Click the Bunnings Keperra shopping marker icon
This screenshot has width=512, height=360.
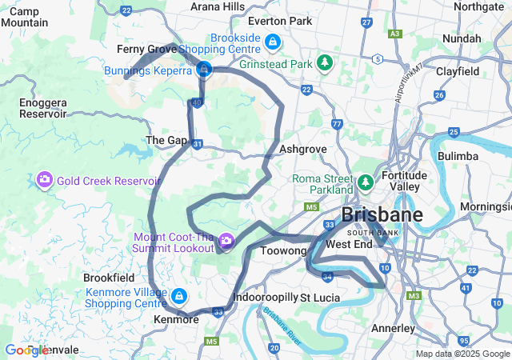(x=204, y=70)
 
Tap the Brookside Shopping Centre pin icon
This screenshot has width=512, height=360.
(x=273, y=41)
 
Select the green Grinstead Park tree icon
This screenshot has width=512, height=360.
(x=324, y=62)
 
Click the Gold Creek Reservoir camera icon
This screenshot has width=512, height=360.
(x=45, y=179)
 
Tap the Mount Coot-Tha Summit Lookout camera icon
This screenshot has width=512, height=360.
(x=226, y=239)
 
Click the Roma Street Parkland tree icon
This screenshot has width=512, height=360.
(x=365, y=183)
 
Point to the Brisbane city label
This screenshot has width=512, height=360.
(x=382, y=215)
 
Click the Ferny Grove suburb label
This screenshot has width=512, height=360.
(x=146, y=50)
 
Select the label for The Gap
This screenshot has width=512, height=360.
(x=166, y=141)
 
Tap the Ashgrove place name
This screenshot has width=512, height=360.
(x=303, y=150)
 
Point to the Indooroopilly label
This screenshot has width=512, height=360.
(x=264, y=298)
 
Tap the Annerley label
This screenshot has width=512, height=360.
(x=393, y=329)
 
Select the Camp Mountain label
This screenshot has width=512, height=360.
(x=25, y=17)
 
